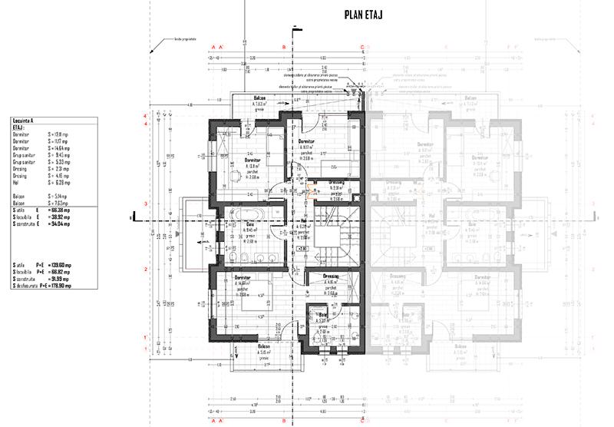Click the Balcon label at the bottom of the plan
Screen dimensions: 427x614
[x=263, y=347]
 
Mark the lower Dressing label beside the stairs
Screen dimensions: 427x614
[x=332, y=275]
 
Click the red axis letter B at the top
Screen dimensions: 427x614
[x=284, y=47]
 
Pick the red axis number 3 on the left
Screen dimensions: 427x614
[x=145, y=204]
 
